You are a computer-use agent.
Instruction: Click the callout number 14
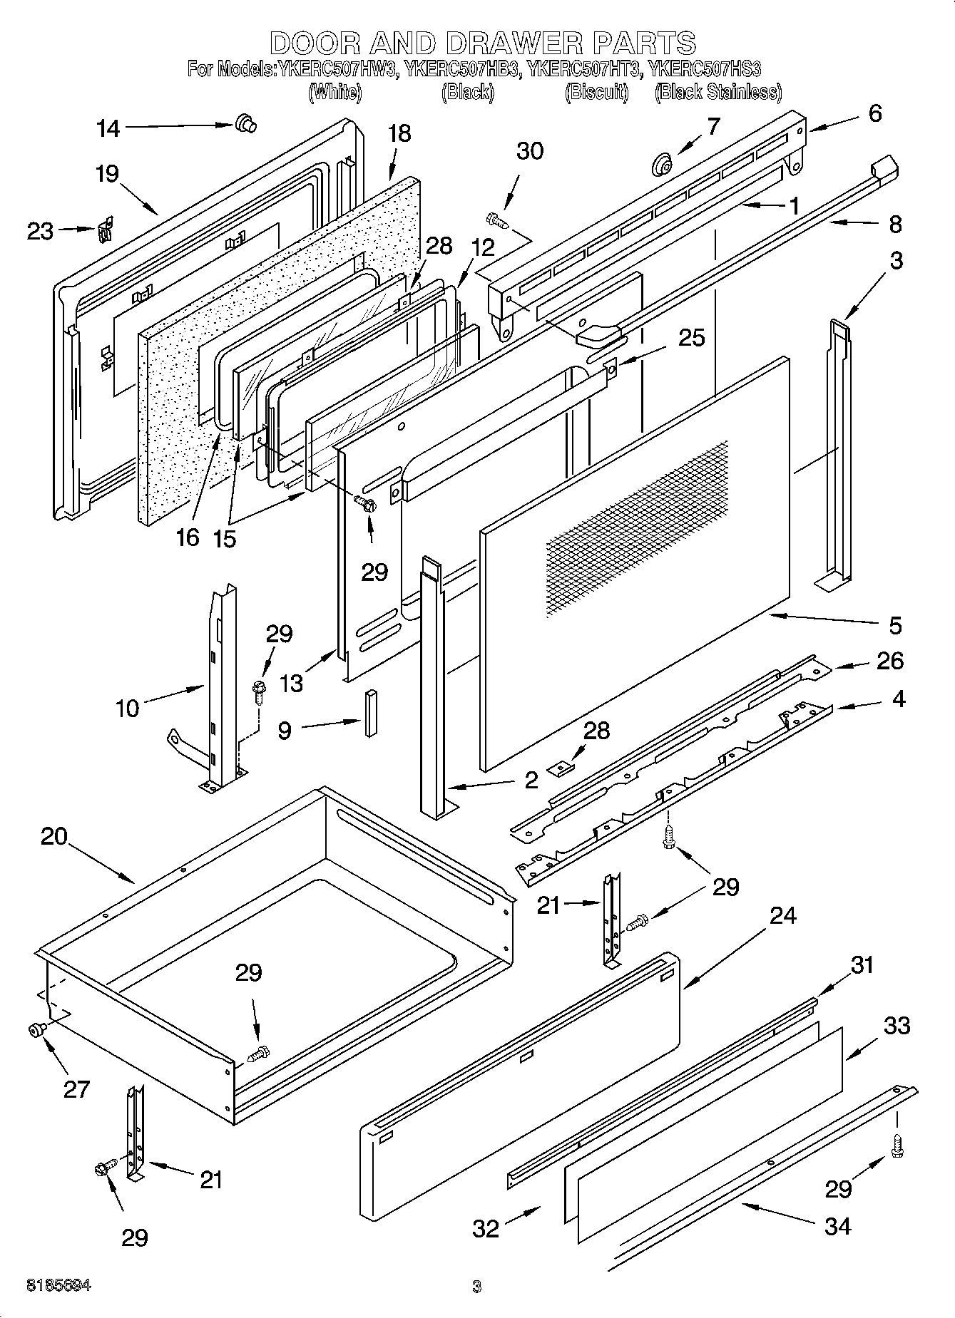pos(108,129)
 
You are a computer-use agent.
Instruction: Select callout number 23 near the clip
pos(40,231)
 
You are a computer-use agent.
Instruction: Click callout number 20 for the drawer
pos(53,836)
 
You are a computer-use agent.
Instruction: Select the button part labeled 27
pos(36,1029)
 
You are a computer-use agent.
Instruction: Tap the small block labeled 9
pos(369,714)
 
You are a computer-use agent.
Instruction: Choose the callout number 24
pos(782,915)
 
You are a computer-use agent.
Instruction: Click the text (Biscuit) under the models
pos(596,92)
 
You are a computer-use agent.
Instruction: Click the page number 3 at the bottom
pos(476,1287)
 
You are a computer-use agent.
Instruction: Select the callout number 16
pos(188,537)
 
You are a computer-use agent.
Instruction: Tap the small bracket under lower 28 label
pos(560,767)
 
